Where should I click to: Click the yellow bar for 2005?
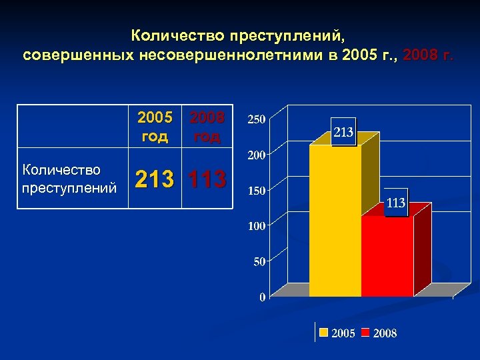pyautogui.click(x=335, y=220)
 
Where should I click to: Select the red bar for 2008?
pyautogui.click(x=387, y=256)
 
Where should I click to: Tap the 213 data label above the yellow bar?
pyautogui.click(x=343, y=133)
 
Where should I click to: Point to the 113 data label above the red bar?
pyautogui.click(x=395, y=203)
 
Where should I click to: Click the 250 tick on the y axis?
pyautogui.click(x=257, y=119)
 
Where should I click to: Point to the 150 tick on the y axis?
pyautogui.click(x=257, y=191)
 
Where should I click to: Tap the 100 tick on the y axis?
pyautogui.click(x=257, y=226)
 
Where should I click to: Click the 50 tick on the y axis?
pyautogui.click(x=259, y=261)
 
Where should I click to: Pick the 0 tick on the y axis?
pyautogui.click(x=262, y=297)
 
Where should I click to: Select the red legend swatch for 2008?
pyautogui.click(x=365, y=333)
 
